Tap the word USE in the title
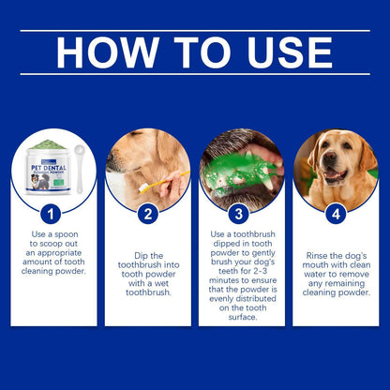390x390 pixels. [292, 52]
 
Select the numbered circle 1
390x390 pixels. [53, 215]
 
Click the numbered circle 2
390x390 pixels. [147, 215]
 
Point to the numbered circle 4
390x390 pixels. [336, 215]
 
